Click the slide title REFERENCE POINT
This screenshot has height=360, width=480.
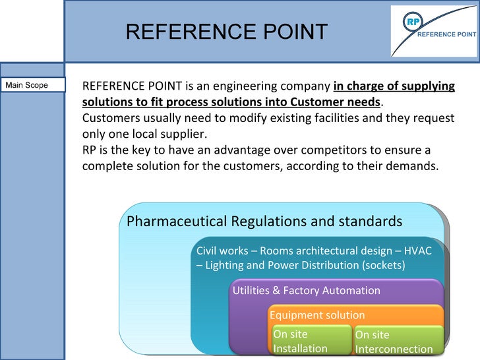[226, 32]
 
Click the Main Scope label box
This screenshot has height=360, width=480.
[33, 85]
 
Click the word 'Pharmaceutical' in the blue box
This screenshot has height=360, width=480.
[177, 221]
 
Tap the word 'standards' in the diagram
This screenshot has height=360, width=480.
[370, 221]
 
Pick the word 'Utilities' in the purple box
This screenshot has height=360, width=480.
[251, 290]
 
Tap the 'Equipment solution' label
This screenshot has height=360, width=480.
[317, 315]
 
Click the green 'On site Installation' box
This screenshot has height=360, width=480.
[311, 341]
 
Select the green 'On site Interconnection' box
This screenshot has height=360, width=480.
[394, 342]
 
